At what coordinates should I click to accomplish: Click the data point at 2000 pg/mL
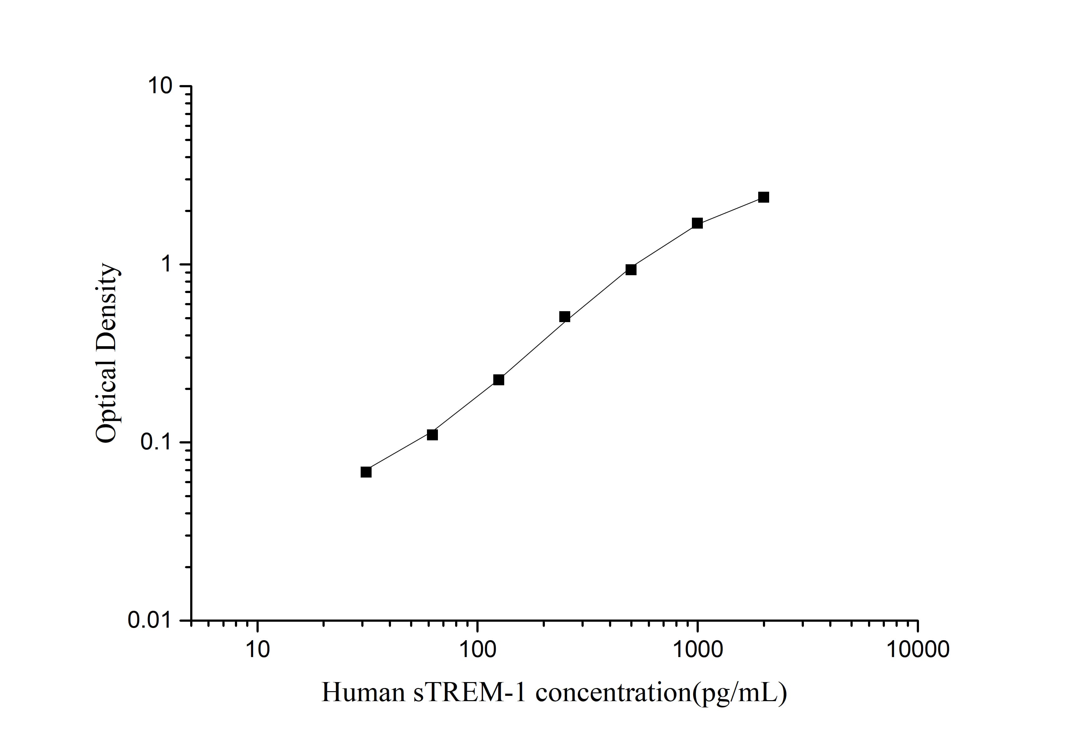click(763, 197)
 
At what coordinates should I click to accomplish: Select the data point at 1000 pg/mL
click(697, 223)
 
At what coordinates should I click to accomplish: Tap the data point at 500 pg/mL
click(631, 270)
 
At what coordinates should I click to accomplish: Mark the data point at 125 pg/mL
click(499, 380)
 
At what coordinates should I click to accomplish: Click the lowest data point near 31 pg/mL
click(366, 472)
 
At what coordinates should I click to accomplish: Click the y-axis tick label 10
click(160, 86)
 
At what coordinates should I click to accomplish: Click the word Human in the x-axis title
click(363, 693)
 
